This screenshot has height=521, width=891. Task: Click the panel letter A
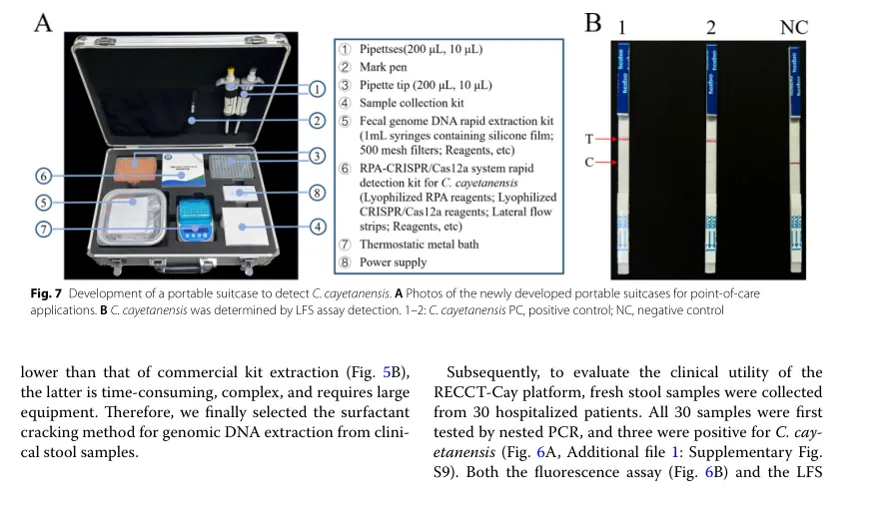pos(42,23)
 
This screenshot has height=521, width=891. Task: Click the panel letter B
pos(592,23)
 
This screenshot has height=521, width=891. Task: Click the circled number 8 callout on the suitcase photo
pos(316,193)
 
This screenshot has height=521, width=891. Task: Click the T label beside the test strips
pos(589,140)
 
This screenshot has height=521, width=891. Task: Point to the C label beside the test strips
pos(589,161)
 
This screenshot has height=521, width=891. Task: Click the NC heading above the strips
pos(793,27)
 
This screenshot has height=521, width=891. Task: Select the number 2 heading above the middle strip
pos(710,27)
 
